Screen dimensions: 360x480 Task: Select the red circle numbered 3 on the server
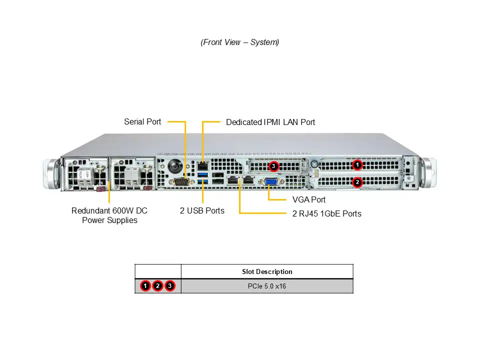pos(273,165)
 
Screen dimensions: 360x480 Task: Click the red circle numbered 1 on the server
pos(357,164)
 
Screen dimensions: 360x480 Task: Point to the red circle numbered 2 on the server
pos(357,182)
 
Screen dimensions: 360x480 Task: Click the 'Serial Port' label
pos(142,121)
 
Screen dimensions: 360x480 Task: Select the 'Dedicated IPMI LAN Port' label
pos(270,122)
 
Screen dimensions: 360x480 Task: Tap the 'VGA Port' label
pos(308,199)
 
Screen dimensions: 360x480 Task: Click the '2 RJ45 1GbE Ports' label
pos(326,213)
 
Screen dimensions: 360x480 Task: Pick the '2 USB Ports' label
pos(202,210)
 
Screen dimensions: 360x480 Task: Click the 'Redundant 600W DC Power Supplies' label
pos(109,215)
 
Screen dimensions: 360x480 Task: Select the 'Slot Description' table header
pos(267,271)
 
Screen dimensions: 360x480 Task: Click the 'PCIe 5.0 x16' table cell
pos(267,286)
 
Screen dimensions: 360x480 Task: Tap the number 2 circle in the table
pos(157,286)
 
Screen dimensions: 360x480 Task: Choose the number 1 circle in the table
pos(145,286)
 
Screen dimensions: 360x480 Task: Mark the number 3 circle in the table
pos(170,286)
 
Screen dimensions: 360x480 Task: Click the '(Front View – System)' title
pos(240,42)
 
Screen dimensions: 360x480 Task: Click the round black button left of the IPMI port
pos(174,165)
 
